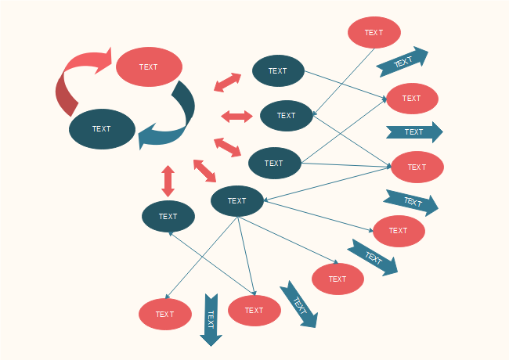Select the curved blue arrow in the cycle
click(176, 121)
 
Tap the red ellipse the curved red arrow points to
click(149, 67)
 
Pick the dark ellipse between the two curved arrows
click(102, 129)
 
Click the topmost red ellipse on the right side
click(374, 33)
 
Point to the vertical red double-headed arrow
click(168, 181)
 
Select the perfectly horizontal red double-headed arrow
click(236, 117)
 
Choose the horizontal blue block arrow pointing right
click(413, 132)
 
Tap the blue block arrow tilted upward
click(403, 62)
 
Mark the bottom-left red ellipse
click(165, 314)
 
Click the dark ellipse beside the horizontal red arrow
click(286, 116)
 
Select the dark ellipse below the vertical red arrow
click(168, 217)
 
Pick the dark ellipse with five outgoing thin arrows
click(237, 201)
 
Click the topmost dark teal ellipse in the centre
click(278, 71)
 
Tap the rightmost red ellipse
click(417, 167)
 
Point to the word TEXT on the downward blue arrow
click(210, 319)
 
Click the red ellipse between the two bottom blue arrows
click(254, 311)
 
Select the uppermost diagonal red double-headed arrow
click(228, 81)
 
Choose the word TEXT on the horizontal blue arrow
click(413, 132)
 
